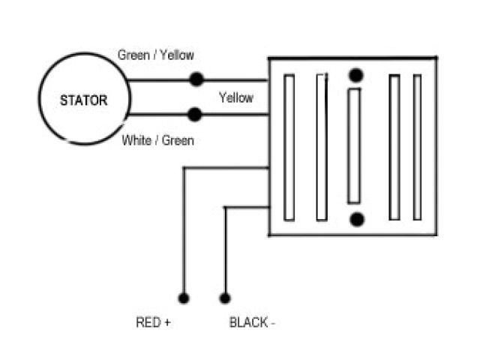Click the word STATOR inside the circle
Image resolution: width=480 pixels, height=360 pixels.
[x=84, y=100]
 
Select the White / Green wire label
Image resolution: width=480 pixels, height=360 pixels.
[x=157, y=139]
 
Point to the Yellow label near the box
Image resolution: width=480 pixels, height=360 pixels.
[x=235, y=97]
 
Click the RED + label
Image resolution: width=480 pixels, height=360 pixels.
[x=153, y=323]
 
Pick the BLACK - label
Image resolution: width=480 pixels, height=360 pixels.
[x=252, y=323]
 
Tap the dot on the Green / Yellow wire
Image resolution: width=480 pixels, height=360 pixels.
[x=196, y=79]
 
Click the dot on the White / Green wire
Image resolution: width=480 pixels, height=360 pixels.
[x=195, y=115]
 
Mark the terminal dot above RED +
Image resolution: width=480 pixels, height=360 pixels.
[x=184, y=298]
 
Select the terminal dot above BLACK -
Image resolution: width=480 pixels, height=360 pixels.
[x=224, y=298]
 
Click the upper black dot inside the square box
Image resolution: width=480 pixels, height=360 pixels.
[x=356, y=75]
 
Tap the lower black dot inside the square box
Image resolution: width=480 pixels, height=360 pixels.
[x=357, y=219]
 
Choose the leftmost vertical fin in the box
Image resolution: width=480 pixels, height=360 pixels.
[x=289, y=147]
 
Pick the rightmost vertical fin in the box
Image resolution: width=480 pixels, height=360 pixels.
[x=417, y=147]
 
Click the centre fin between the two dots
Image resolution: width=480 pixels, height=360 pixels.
[x=355, y=147]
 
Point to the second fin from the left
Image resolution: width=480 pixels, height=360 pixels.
[x=322, y=147]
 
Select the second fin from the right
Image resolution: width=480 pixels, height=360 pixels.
[x=394, y=147]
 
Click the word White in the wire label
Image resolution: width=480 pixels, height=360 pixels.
[x=135, y=139]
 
